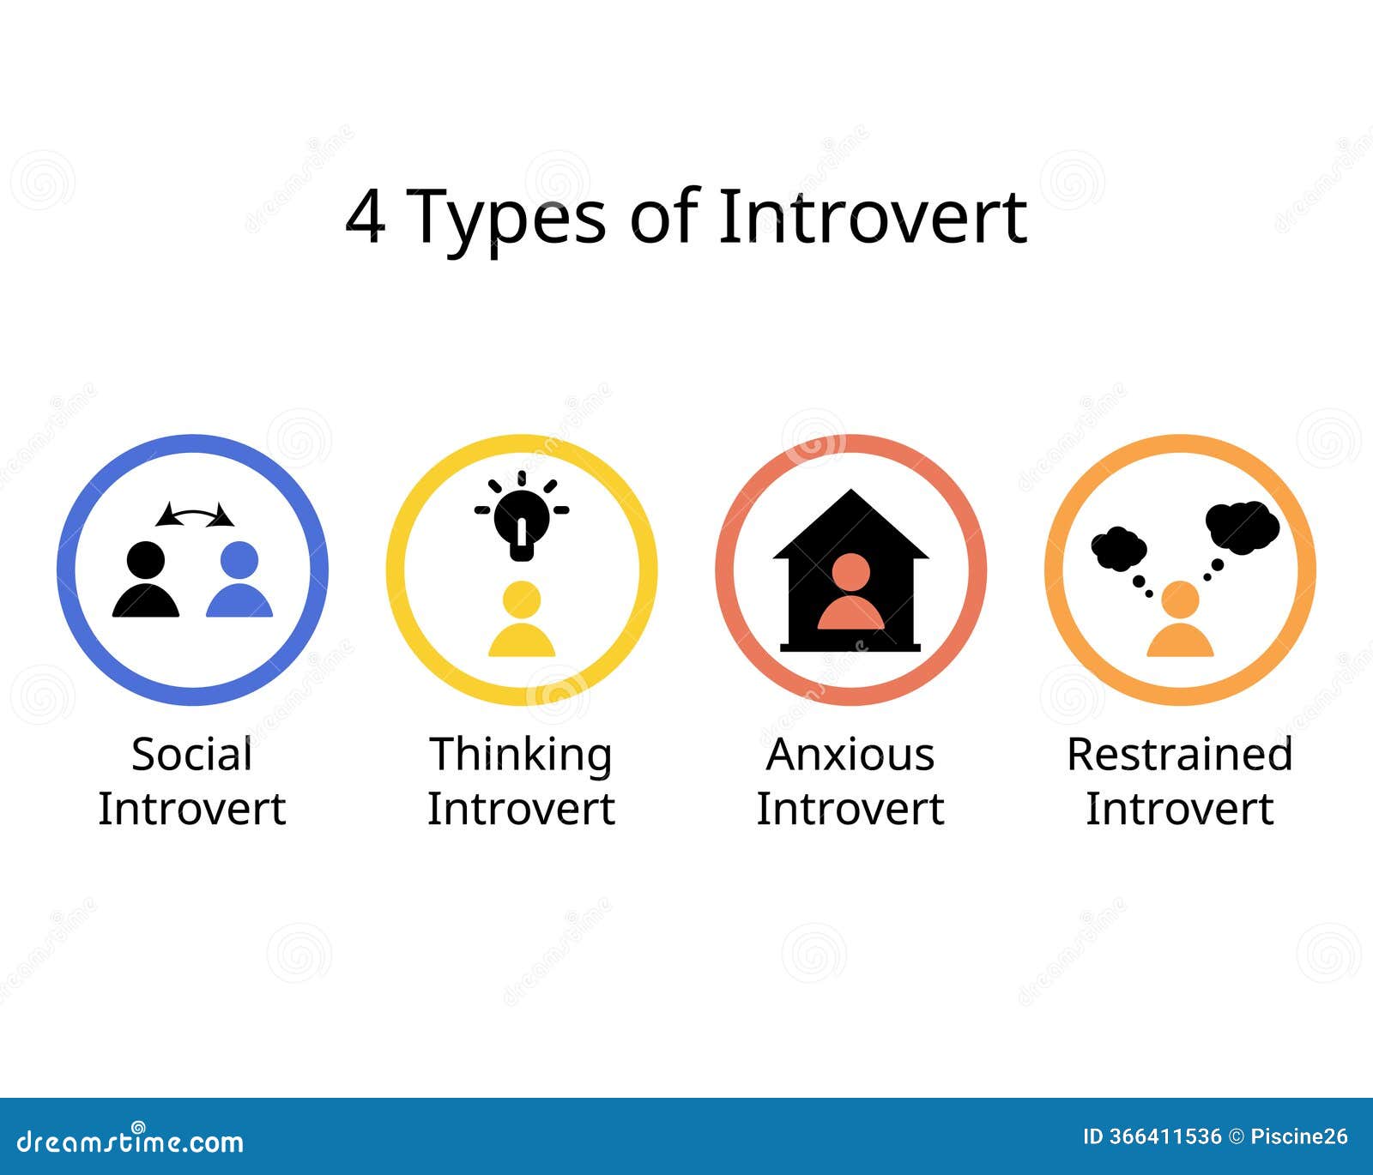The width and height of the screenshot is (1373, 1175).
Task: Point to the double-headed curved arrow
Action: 195,515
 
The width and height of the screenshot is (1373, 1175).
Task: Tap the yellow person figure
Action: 522,619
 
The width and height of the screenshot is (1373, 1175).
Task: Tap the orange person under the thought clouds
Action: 1180,619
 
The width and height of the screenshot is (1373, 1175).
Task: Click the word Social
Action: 191,755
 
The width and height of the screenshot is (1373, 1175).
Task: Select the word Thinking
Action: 521,756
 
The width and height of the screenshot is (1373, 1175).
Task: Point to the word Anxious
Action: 850,755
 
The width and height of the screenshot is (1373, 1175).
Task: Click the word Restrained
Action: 1179,755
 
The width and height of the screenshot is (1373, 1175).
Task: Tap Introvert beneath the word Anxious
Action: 850,809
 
